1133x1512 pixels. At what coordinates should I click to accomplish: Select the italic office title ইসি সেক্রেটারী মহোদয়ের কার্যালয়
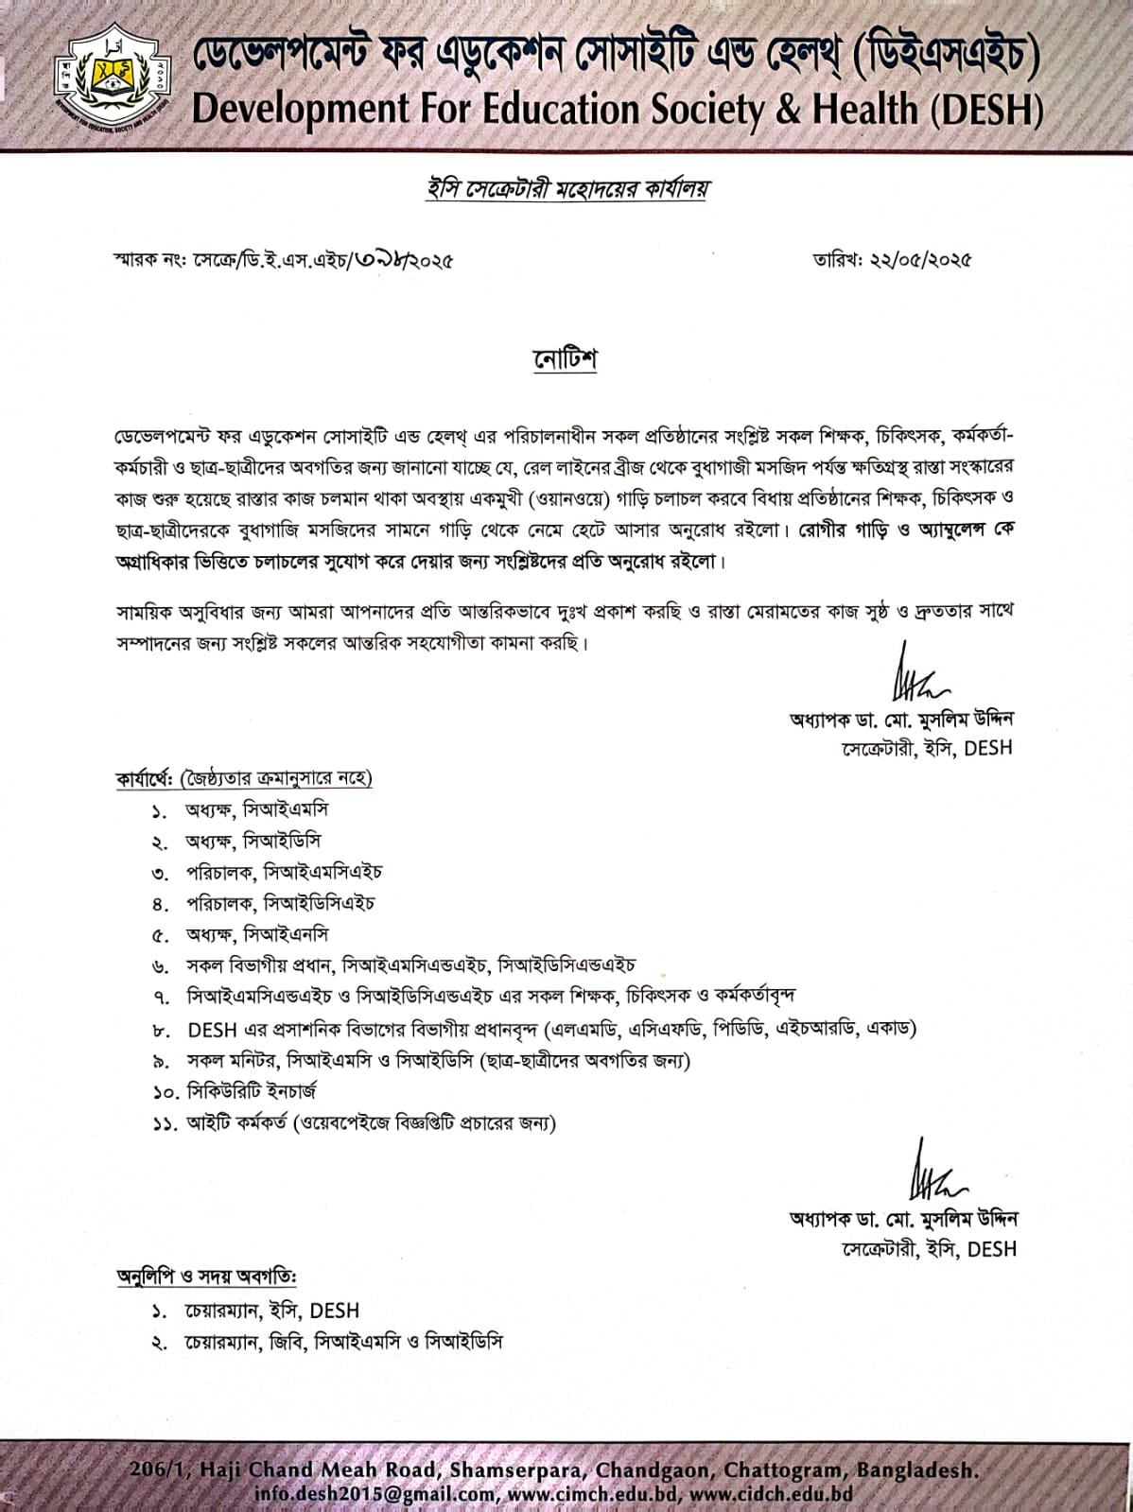click(566, 189)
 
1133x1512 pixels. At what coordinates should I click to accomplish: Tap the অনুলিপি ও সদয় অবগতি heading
click(207, 1276)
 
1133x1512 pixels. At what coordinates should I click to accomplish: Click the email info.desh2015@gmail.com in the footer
click(375, 1495)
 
